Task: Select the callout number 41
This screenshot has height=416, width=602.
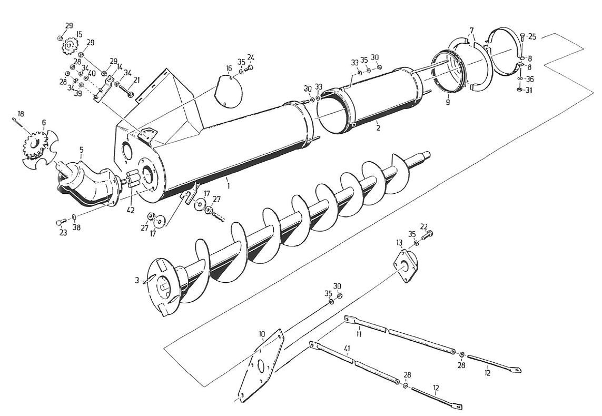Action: coord(347,348)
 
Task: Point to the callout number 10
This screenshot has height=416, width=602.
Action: coord(262,334)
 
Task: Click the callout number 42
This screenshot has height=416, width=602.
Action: coord(131,210)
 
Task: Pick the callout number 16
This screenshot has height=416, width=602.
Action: coord(229,68)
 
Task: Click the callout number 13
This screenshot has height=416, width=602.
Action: coord(399,242)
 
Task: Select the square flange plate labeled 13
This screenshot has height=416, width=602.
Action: coord(406,266)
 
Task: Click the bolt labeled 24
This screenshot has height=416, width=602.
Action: coord(250,67)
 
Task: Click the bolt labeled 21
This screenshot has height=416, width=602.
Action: coord(128,93)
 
